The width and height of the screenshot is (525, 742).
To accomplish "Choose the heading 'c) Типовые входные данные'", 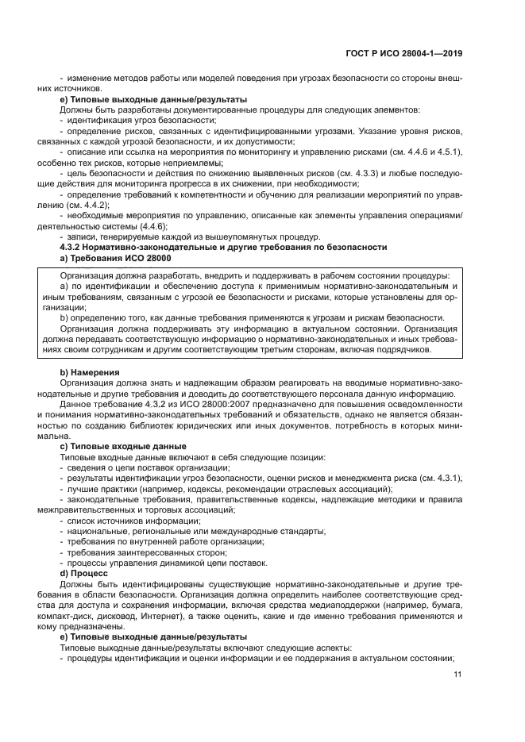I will (123, 446).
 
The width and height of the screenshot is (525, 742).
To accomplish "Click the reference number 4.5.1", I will (449, 152).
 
